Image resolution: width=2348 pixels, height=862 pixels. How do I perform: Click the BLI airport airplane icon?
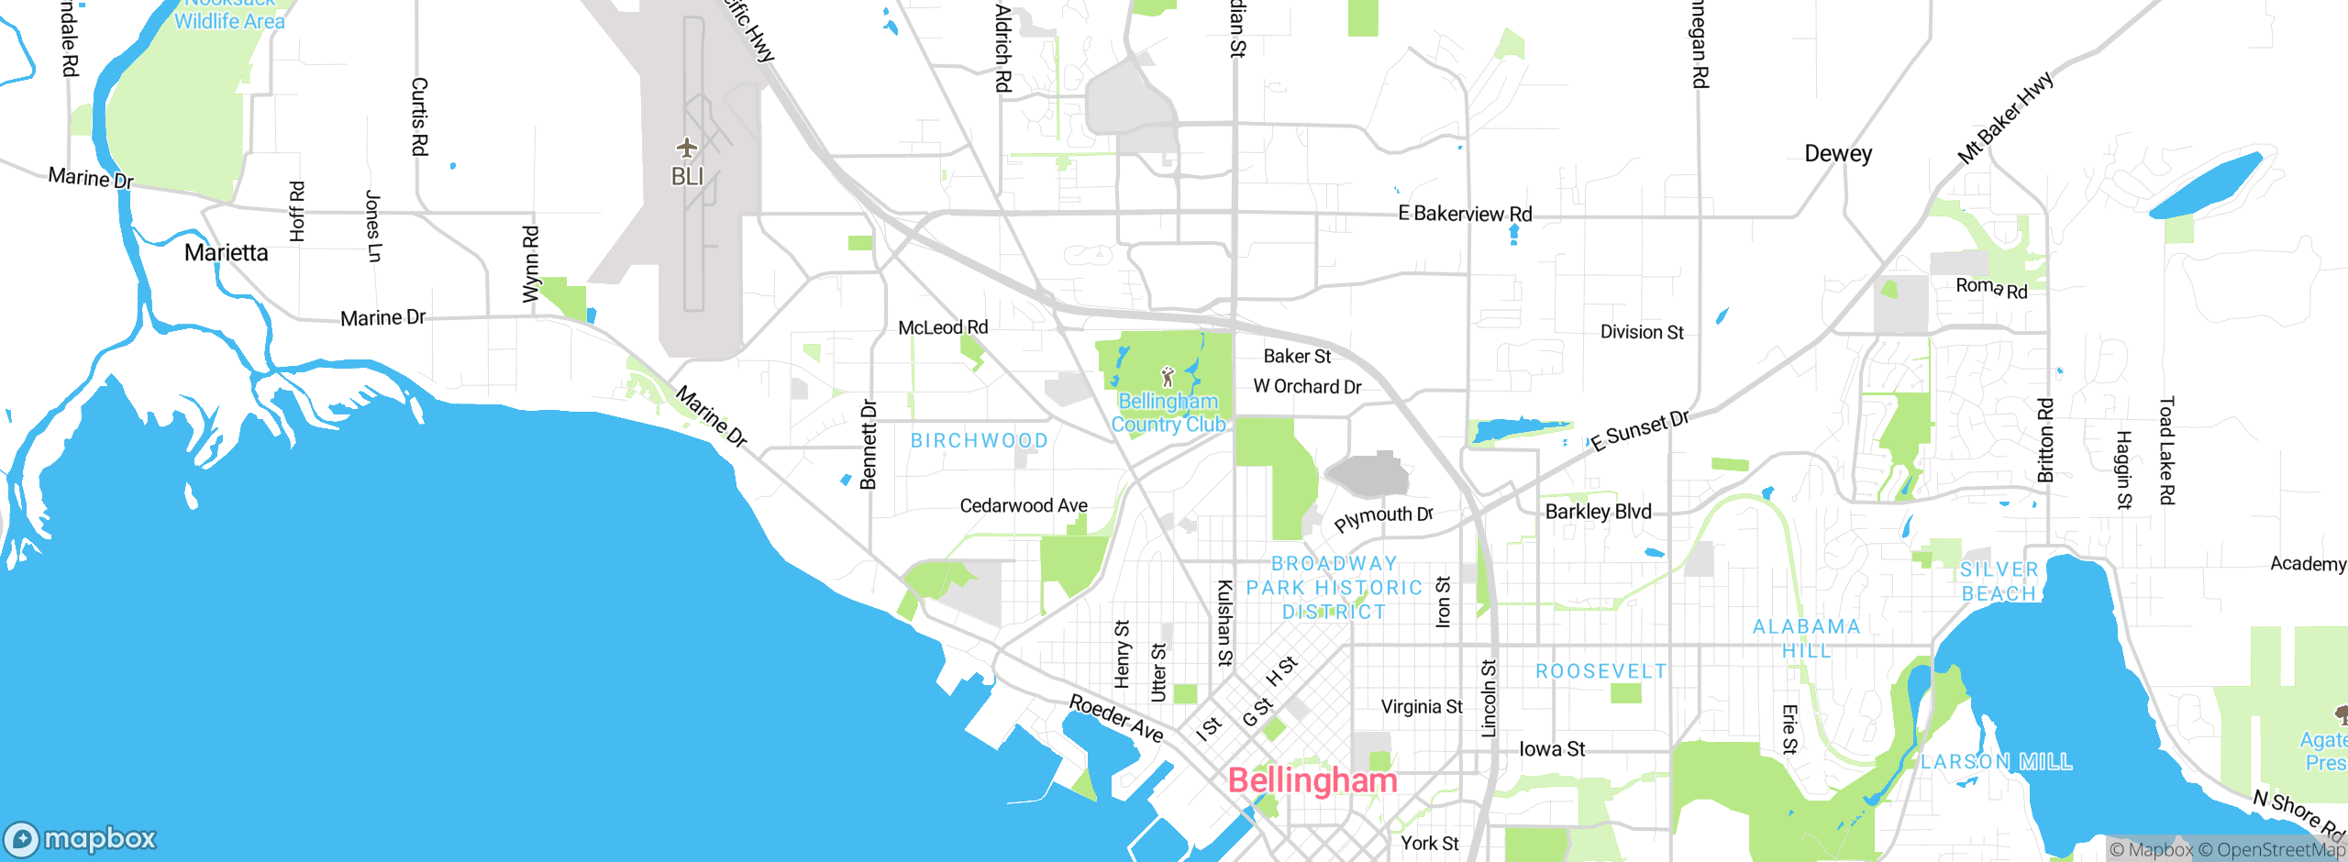pos(687,148)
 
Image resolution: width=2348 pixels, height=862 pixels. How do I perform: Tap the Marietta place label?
pos(226,252)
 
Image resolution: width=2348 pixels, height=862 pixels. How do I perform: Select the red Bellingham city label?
pos(1312,780)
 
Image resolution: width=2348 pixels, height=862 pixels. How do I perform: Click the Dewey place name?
pos(1838,153)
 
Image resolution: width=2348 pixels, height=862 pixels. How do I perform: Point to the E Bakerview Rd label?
pos(1465,214)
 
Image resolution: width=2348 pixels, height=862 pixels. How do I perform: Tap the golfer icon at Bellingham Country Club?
pos(1168,377)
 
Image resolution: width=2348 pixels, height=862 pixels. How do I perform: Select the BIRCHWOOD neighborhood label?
pos(979,440)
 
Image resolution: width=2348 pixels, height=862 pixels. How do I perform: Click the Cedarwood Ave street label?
pos(1024,505)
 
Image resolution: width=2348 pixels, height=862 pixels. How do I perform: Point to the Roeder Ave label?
pos(1116,718)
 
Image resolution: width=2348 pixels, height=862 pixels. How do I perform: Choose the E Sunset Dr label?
pos(1640,430)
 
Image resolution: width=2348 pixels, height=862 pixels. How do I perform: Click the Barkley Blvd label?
pos(1598,512)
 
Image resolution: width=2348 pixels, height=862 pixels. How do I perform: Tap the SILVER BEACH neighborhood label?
pos(1999,581)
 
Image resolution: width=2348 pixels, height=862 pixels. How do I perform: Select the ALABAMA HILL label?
pos(1806,638)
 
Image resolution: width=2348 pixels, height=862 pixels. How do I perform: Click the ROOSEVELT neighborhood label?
pos(1601,671)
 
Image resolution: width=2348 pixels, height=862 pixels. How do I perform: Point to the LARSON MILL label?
pos(1996,762)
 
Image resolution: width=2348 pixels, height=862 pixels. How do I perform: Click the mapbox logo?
pos(81,838)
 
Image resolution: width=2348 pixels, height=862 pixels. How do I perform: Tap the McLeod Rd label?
pos(943,327)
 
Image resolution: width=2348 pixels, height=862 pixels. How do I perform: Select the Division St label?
pos(1642,332)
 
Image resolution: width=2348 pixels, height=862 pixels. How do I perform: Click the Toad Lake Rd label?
pos(2166,450)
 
